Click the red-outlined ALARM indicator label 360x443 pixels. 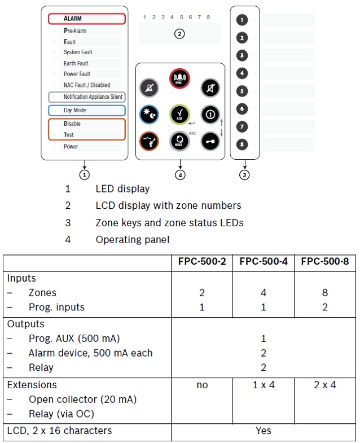coord(86,19)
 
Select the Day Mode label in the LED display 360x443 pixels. coord(86,111)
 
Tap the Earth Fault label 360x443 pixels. coord(76,63)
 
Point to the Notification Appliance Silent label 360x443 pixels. coord(86,97)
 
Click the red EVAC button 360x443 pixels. coord(180,78)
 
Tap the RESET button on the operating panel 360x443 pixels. coord(180,141)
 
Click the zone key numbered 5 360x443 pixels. coord(242,91)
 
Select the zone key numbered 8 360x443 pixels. coord(242,144)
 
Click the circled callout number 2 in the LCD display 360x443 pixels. coord(179,34)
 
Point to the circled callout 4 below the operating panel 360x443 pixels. coord(180,175)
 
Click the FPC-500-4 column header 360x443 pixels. coord(263,261)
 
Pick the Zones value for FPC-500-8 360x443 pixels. coord(324,293)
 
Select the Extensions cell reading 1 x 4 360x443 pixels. coord(263,385)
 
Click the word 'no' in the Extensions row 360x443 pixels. coord(202,385)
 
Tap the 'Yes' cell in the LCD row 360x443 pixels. coord(263,431)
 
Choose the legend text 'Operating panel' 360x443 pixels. coord(132,239)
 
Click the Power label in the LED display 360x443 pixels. coord(71,147)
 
